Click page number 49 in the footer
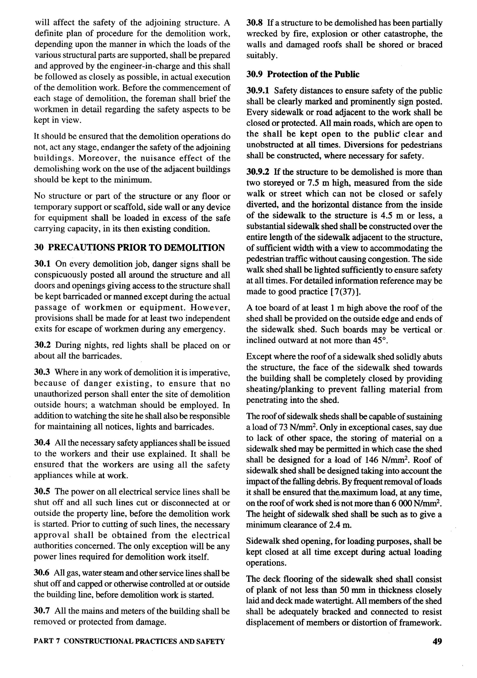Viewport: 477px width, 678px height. (x=437, y=641)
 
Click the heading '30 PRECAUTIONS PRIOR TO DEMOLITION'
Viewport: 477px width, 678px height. (x=129, y=247)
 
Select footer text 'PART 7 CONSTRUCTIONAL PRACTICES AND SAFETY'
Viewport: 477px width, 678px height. (x=129, y=641)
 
